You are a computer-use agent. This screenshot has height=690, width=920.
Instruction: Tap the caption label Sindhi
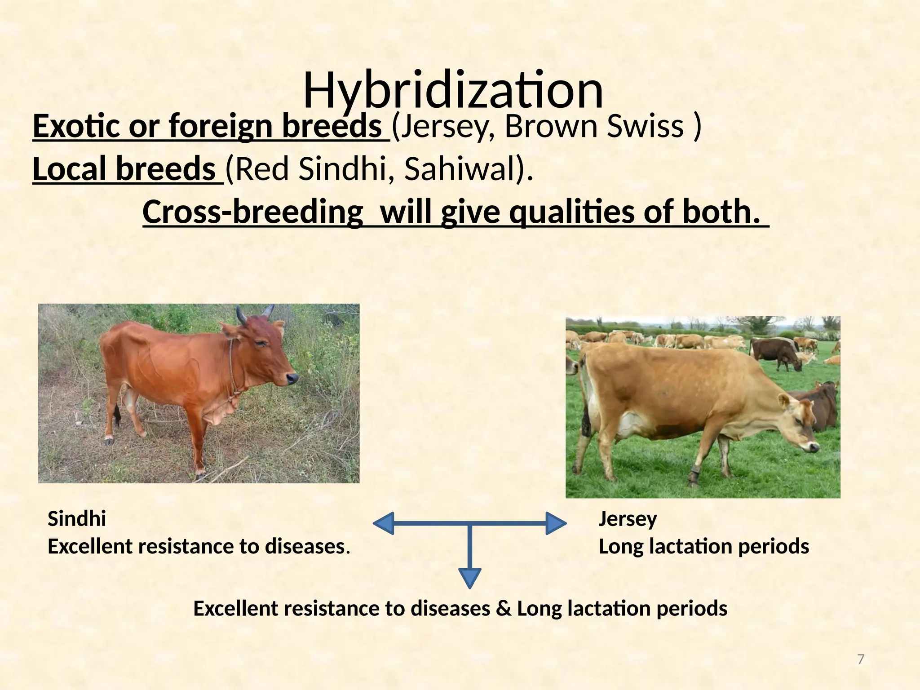click(77, 519)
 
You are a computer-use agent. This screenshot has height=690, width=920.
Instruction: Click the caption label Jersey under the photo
click(628, 519)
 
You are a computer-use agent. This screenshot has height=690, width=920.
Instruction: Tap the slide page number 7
click(861, 659)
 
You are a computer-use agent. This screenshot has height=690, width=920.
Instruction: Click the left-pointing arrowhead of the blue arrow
click(385, 523)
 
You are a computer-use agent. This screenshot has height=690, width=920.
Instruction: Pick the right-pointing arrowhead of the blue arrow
click(556, 523)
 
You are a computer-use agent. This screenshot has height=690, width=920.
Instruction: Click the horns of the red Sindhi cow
click(254, 313)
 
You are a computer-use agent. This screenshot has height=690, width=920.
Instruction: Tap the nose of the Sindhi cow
click(292, 378)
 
